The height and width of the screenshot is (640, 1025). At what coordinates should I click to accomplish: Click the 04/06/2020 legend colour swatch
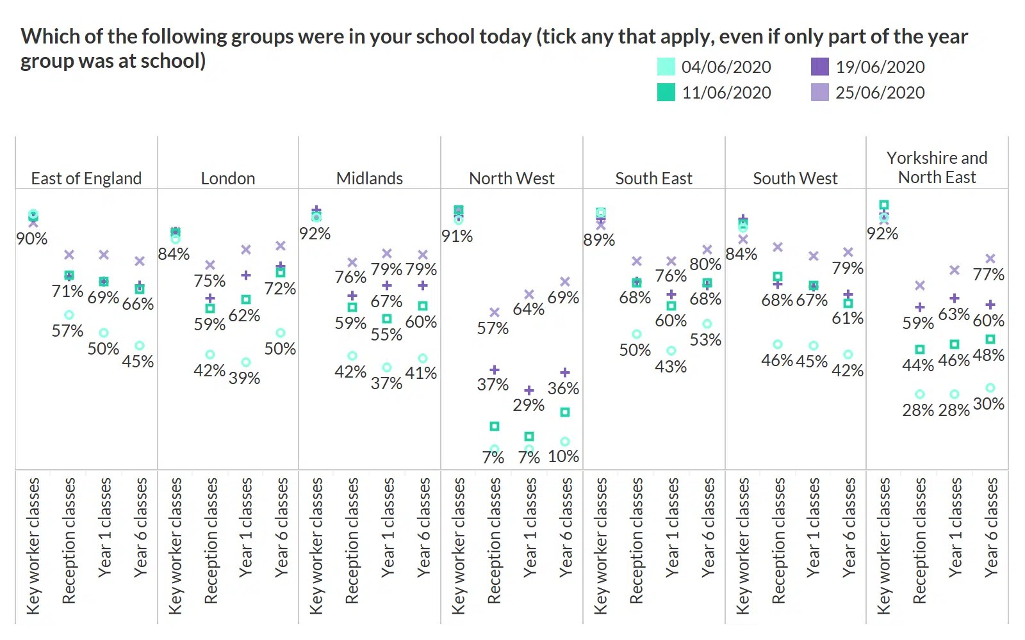[666, 67]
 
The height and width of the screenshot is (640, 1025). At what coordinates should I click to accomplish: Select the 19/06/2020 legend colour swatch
[820, 67]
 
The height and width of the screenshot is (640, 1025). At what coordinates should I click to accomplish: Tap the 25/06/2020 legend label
[880, 93]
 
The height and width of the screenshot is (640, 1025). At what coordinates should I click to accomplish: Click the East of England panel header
[86, 179]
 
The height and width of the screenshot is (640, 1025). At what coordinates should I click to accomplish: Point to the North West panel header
[512, 179]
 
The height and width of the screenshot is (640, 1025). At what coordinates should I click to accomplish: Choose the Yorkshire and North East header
[937, 168]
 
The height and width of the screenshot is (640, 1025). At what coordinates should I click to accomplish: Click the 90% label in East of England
[32, 239]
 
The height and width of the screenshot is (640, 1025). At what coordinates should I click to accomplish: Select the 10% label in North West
[564, 456]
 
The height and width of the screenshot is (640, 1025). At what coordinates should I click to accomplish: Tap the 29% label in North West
[529, 405]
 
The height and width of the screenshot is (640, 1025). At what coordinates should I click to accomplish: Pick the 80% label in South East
[705, 264]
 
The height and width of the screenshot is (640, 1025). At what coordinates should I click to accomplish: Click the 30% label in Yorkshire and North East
[988, 404]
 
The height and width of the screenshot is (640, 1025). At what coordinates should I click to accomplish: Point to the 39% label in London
[244, 378]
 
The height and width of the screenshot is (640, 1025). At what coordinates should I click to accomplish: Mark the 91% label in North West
[457, 236]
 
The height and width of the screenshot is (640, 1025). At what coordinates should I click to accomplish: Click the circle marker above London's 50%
[281, 333]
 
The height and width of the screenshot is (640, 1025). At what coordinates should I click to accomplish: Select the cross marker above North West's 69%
[565, 282]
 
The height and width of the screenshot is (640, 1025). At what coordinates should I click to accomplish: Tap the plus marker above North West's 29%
[529, 390]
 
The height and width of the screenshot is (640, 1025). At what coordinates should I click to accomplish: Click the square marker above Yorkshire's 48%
[990, 339]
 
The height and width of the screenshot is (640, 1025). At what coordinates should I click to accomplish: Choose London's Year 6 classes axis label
[281, 528]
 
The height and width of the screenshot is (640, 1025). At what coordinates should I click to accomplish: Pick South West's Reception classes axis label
[778, 541]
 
